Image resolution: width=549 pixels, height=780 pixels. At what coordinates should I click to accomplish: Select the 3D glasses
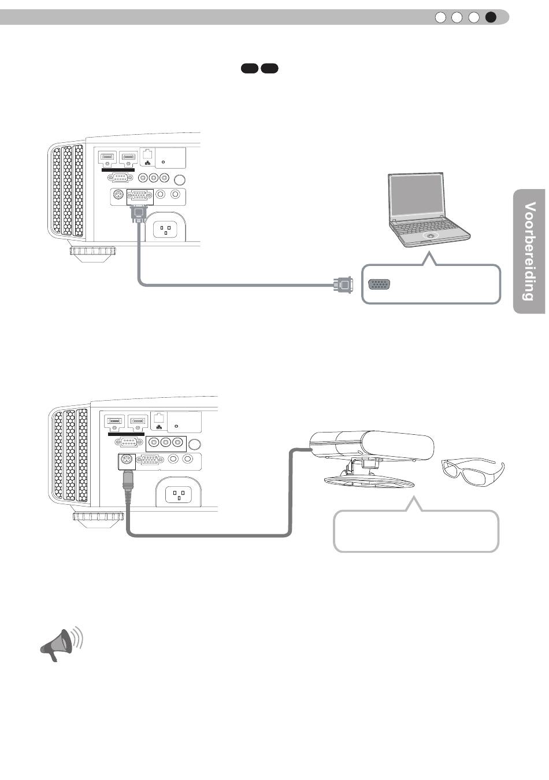click(473, 472)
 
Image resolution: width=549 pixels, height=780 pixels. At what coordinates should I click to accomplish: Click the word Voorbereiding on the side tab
click(529, 251)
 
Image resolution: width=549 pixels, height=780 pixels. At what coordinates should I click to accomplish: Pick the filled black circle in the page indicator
click(491, 17)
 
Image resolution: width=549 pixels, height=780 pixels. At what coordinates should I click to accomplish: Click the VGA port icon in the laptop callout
click(379, 284)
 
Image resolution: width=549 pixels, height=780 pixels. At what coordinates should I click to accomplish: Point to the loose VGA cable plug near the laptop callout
click(343, 285)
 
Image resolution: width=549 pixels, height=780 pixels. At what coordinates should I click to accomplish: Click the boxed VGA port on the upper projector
click(140, 197)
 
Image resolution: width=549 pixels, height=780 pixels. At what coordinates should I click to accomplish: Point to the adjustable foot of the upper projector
click(92, 253)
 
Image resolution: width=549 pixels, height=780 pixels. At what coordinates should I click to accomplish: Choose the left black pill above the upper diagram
click(249, 68)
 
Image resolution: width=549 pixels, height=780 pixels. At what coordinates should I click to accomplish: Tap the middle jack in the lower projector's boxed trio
click(166, 443)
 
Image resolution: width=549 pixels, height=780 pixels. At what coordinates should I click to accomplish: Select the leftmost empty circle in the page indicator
click(440, 17)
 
